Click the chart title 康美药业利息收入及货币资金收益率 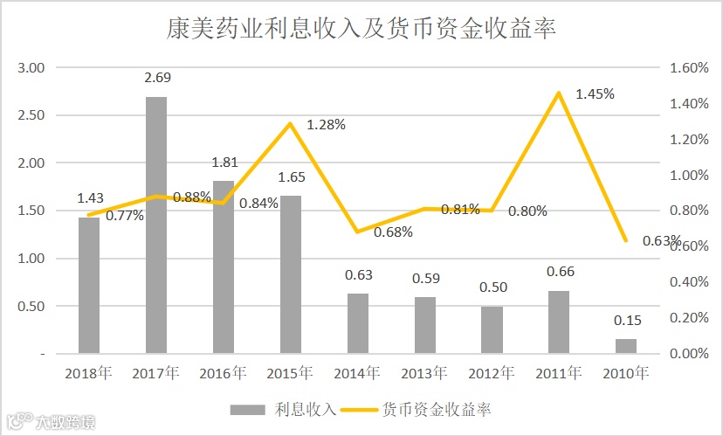point(361,29)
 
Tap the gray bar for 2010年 point(626,346)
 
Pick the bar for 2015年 point(291,274)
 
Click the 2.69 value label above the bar point(157,77)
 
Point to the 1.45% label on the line point(595,93)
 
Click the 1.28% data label point(326,125)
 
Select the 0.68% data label point(393,232)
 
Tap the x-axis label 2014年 point(357,373)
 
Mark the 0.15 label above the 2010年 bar point(626,320)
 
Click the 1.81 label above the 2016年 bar point(224,162)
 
